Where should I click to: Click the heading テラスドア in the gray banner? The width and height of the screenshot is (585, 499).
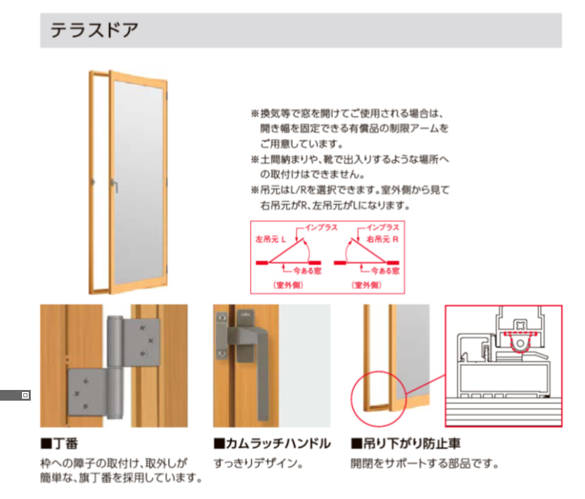[94, 31]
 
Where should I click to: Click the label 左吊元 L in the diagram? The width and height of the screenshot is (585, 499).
[271, 238]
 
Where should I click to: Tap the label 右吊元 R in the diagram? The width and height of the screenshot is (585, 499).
[383, 238]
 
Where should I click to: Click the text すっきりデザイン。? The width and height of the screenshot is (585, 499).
[259, 463]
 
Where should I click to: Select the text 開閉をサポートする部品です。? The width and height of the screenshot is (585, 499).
[425, 463]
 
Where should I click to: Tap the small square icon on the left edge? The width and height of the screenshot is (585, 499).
[26, 395]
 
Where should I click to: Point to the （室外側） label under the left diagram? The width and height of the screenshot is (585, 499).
[289, 285]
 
